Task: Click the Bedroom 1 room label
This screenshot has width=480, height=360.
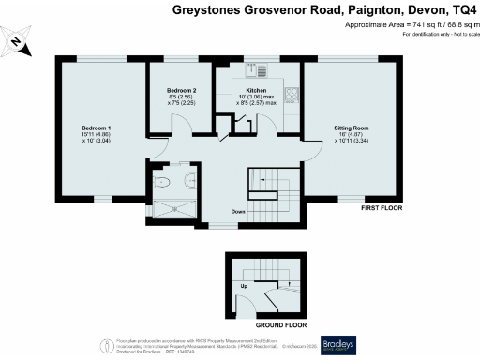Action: coord(97,127)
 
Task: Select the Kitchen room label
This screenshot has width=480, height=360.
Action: coord(256,91)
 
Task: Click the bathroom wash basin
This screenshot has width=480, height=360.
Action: coord(191,180)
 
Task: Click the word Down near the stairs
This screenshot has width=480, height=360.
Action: coord(238,211)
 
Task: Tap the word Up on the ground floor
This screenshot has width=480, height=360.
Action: coord(245,285)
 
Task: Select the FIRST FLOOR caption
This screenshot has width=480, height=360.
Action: coord(382,207)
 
